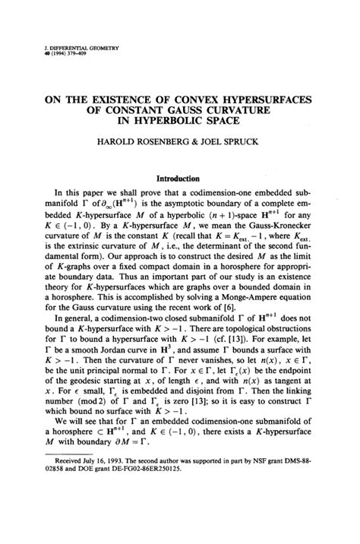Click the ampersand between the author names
(196, 141)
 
